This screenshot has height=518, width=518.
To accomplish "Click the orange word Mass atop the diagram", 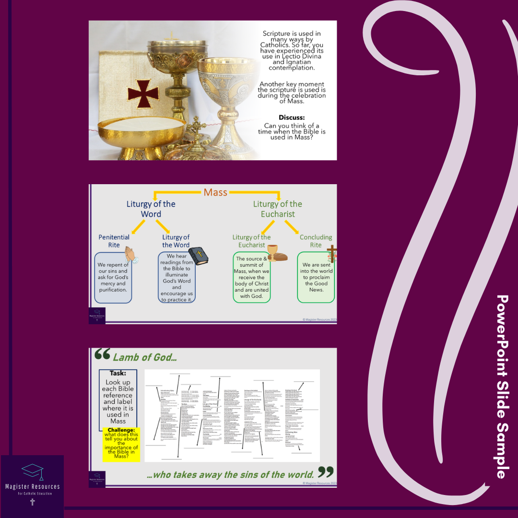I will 215,192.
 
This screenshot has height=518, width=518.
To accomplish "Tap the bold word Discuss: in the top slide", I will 292,117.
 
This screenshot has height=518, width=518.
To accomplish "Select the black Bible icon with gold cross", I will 197,256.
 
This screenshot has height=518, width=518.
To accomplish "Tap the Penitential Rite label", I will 114,241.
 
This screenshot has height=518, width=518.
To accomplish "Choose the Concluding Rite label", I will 316,241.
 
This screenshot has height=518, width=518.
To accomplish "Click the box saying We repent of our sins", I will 113,278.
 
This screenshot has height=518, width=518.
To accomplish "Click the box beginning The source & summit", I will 252,278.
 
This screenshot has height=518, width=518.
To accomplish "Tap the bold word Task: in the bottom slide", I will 118,373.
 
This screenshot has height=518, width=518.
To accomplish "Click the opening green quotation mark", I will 102,354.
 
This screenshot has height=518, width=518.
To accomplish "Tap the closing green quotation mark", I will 326,472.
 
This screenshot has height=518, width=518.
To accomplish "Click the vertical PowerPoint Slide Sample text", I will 501,386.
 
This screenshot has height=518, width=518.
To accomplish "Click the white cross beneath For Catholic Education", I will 33,502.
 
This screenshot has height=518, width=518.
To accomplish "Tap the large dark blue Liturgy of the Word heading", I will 151,209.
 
